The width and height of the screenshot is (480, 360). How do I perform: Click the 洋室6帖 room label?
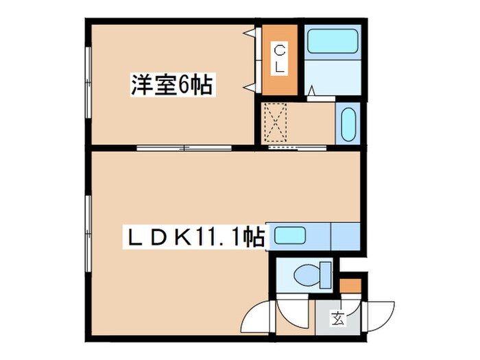click(171, 86)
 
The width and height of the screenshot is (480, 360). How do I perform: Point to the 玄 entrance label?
click(338, 318)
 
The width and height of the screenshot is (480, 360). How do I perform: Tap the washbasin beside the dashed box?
click(346, 123)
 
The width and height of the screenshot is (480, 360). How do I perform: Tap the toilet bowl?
click(307, 276)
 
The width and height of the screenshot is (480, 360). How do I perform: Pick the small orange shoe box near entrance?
click(350, 285)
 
